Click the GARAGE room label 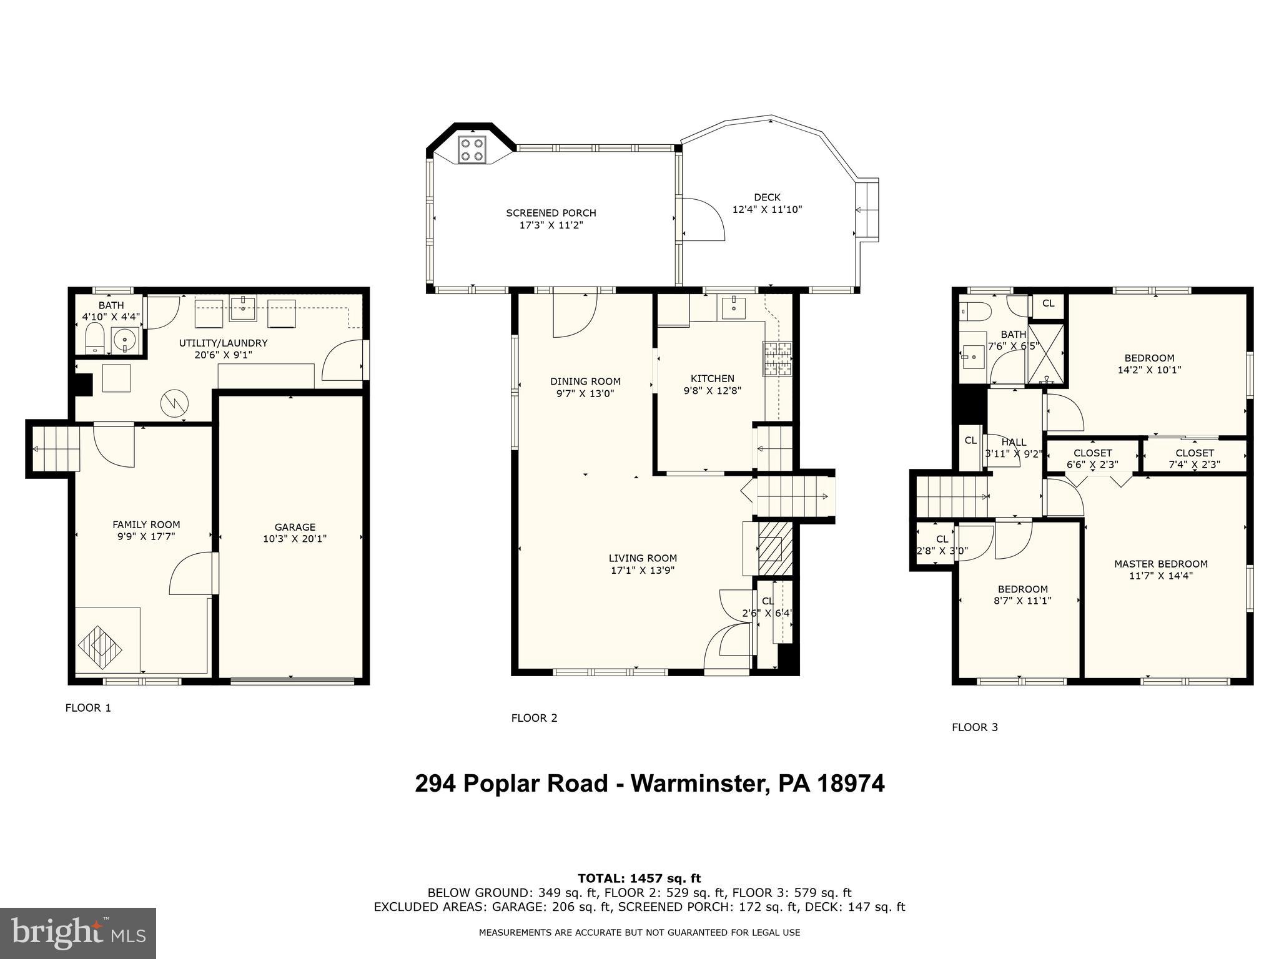295,527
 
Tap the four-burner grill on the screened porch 472,150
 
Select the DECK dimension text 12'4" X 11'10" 767,210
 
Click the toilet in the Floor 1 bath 95,338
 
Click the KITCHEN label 712,378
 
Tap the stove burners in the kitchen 777,358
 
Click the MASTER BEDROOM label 1160,564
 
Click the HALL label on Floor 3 1013,442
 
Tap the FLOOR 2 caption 534,718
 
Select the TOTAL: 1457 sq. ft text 639,878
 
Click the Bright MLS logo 77,933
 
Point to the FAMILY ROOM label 146,524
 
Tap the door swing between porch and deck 703,219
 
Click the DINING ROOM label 585,381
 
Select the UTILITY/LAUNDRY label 223,343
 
